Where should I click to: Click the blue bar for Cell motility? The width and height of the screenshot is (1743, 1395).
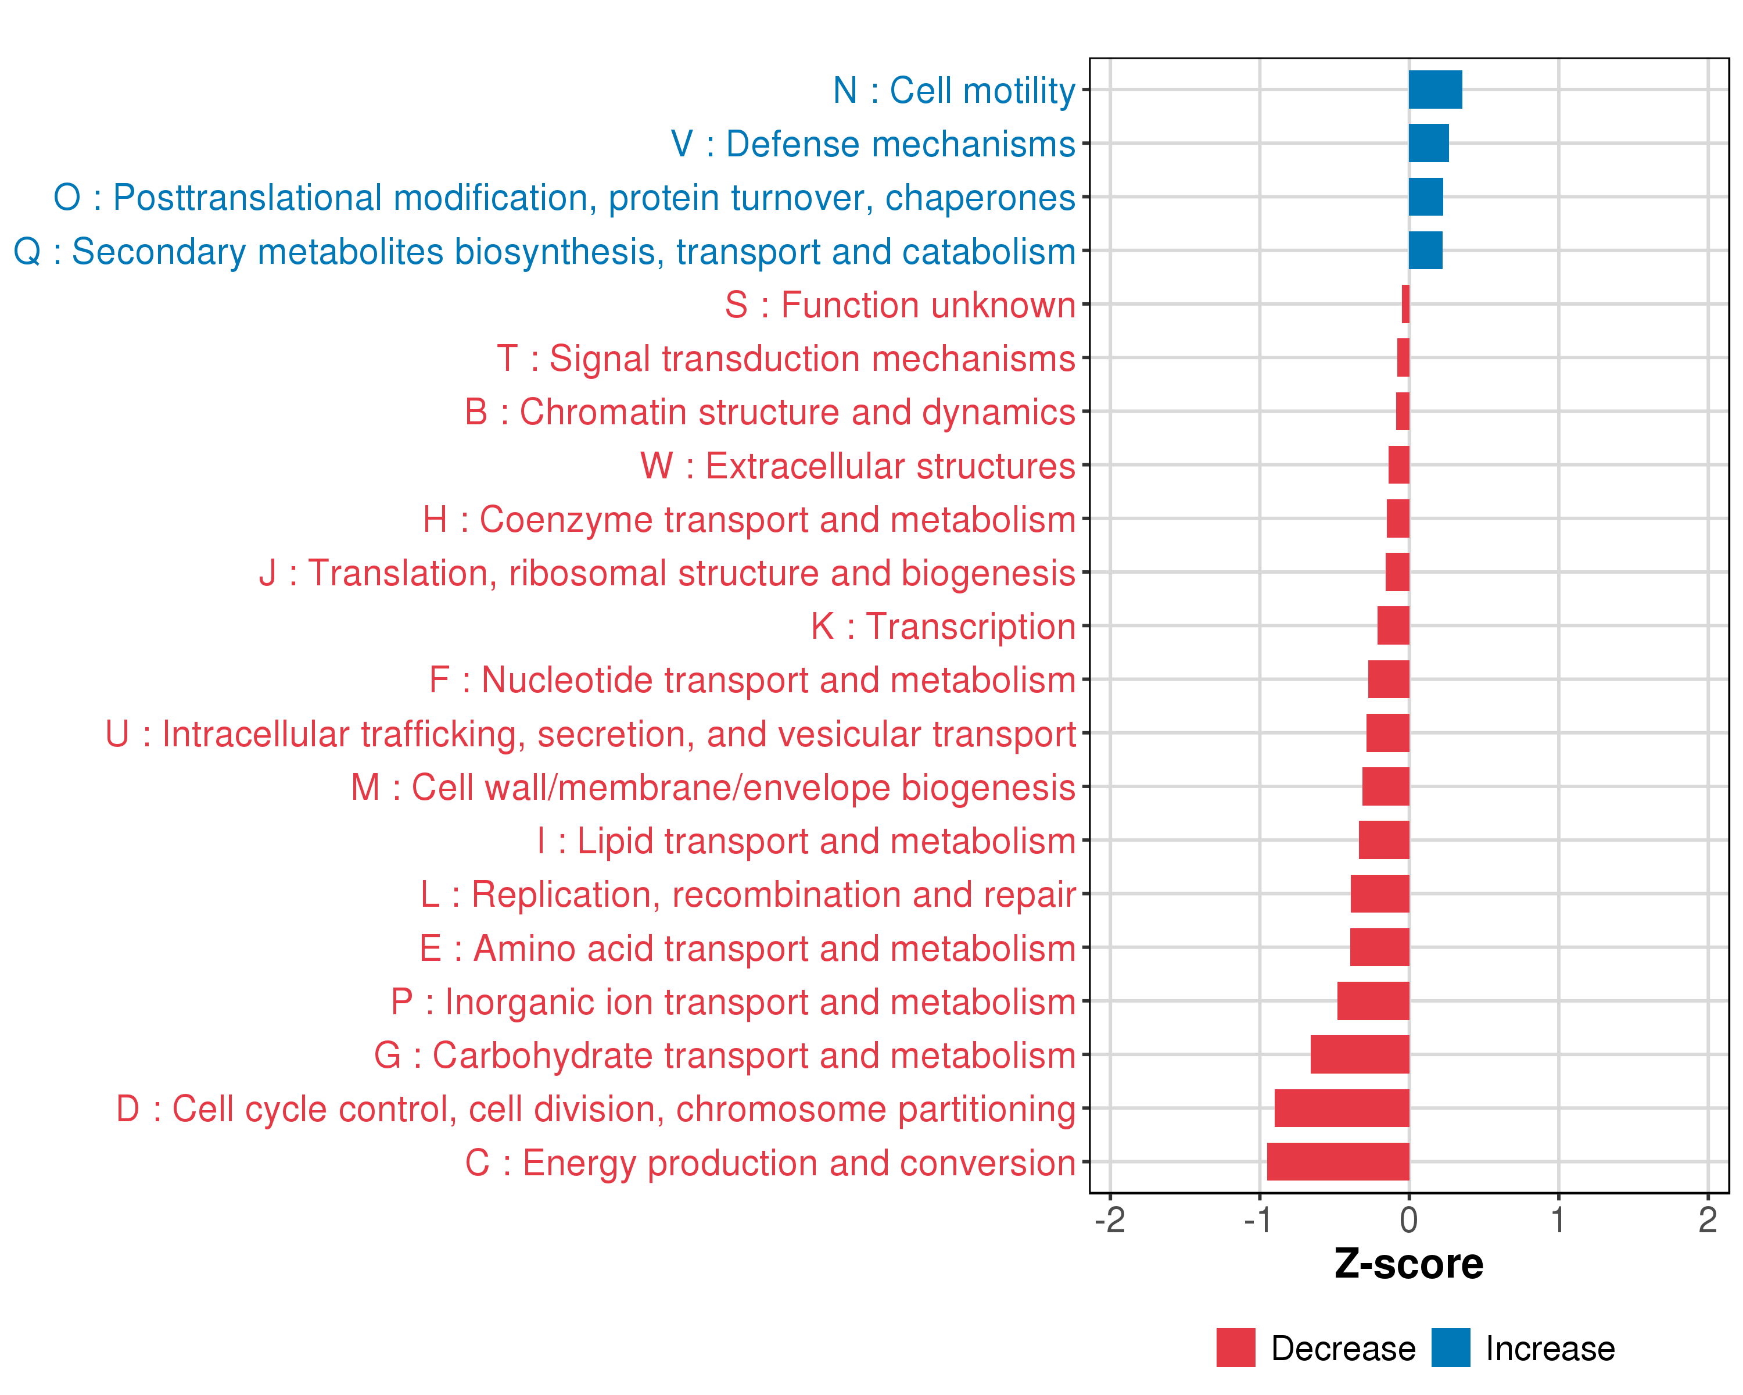(x=1435, y=90)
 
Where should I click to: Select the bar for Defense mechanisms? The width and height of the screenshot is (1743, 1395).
(x=1429, y=143)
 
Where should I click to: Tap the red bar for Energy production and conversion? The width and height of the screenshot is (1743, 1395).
(x=1338, y=1161)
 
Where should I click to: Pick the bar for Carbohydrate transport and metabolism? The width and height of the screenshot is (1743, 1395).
(x=1360, y=1054)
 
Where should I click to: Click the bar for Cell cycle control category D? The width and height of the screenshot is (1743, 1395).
(x=1342, y=1108)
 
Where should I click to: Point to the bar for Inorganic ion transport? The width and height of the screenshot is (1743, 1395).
(x=1373, y=1001)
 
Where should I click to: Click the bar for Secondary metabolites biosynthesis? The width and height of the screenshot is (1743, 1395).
(x=1425, y=251)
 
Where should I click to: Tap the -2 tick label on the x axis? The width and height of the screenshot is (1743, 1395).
(x=1110, y=1219)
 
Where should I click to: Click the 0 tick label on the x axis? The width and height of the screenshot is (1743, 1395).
(x=1409, y=1219)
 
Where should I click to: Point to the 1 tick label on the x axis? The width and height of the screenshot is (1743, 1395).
(x=1558, y=1219)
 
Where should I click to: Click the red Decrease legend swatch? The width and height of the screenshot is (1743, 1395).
(x=1235, y=1348)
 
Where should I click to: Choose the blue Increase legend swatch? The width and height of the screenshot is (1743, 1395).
(x=1450, y=1348)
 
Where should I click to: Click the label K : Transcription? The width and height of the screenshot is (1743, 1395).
(x=942, y=627)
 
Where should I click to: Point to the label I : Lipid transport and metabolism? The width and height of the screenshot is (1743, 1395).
(x=806, y=841)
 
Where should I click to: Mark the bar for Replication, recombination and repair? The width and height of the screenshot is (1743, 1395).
(x=1380, y=893)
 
